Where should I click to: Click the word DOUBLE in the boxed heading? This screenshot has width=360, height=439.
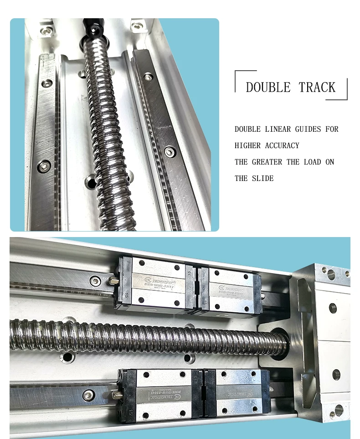pos(268,88)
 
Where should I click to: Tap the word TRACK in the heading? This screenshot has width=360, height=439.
pos(317,88)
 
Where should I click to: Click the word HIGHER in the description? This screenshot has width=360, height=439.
pos(248,145)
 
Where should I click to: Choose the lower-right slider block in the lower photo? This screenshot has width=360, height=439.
pos(237,394)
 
